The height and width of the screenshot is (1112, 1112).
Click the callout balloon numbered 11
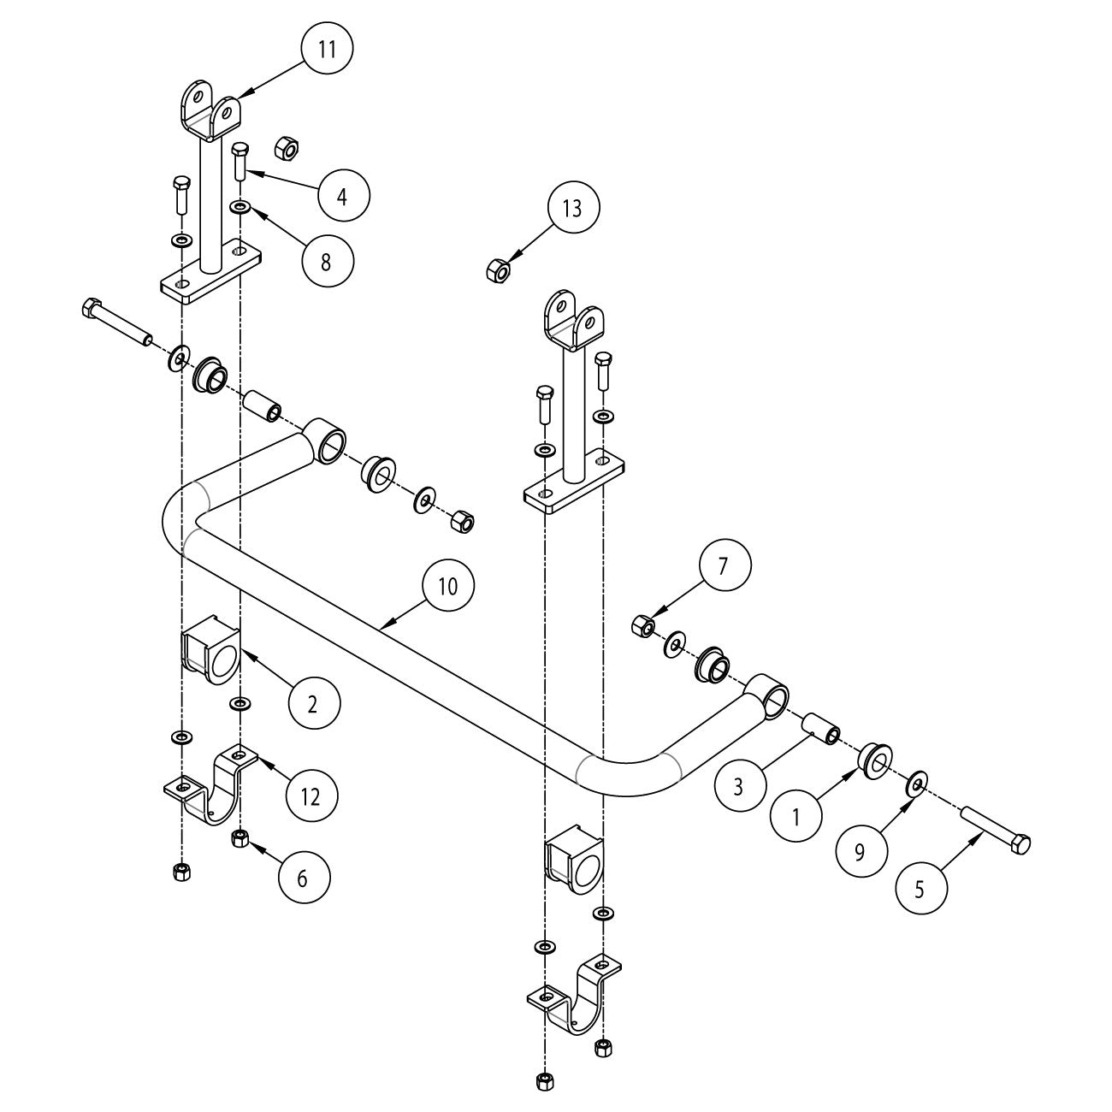click(x=327, y=50)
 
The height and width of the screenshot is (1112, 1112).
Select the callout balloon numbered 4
click(x=343, y=196)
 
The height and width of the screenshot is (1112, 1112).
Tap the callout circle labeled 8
click(x=326, y=261)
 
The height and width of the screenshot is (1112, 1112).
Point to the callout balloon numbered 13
click(x=572, y=208)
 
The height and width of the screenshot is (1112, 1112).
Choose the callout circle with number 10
click(x=448, y=586)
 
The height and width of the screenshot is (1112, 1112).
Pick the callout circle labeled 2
click(x=313, y=704)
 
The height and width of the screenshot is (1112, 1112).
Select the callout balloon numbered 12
click(x=311, y=796)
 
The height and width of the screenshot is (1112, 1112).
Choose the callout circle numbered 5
click(x=921, y=889)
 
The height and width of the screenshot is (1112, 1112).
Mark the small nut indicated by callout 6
click(x=240, y=838)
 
